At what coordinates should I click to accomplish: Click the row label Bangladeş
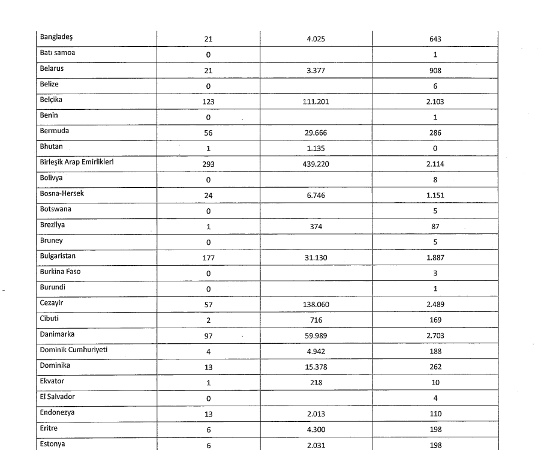(56, 37)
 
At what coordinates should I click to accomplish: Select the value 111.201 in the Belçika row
(316, 102)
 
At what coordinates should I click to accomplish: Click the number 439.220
(316, 164)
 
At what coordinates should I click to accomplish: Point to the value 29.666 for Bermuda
(316, 133)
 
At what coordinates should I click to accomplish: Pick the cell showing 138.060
(316, 305)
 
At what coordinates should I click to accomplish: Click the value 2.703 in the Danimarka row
(435, 336)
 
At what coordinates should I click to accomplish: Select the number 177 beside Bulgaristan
(208, 258)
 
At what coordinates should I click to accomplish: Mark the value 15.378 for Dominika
(316, 367)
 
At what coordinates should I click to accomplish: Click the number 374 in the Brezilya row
(316, 227)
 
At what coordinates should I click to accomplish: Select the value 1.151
(435, 196)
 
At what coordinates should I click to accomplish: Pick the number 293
(208, 164)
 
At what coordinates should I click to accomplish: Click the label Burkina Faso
(60, 271)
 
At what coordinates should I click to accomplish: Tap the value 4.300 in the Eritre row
(316, 430)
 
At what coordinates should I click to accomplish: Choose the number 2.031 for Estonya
(316, 445)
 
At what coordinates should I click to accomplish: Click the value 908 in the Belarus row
(435, 71)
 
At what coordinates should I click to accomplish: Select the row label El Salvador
(58, 396)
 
